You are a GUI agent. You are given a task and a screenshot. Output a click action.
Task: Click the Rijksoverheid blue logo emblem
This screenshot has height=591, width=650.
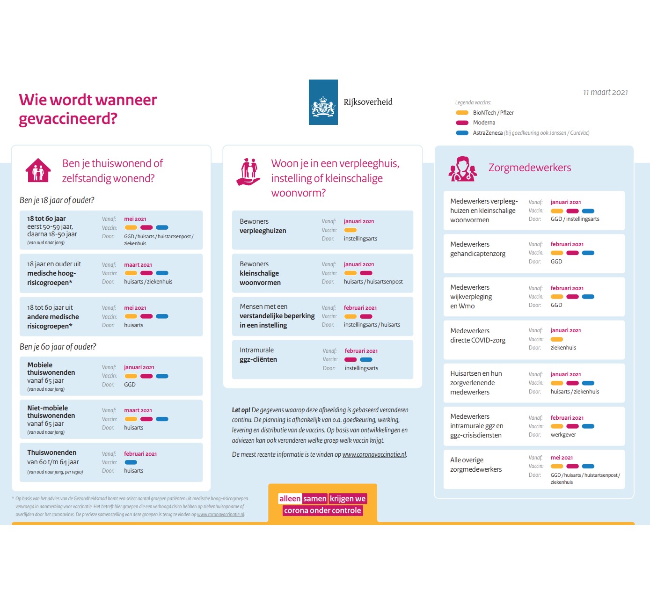click(323, 102)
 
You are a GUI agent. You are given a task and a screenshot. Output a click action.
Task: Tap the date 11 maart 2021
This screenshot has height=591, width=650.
click(605, 93)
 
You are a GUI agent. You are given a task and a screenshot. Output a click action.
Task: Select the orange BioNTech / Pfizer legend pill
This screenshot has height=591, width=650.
click(462, 113)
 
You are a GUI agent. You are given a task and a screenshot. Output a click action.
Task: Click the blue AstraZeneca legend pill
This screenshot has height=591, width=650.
click(462, 133)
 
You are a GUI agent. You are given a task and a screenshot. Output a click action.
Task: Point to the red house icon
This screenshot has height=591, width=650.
click(38, 170)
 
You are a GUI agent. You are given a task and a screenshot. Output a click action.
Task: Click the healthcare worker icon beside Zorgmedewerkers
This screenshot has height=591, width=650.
click(462, 169)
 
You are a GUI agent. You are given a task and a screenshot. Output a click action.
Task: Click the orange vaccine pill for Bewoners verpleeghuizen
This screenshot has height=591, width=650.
click(350, 230)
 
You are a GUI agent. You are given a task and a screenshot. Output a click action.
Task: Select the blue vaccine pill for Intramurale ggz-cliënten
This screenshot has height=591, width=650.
click(366, 360)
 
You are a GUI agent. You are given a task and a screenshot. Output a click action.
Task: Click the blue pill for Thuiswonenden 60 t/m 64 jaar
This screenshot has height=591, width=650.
click(131, 462)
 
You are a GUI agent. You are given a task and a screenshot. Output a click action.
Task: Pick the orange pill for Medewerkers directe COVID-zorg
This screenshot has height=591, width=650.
click(556, 339)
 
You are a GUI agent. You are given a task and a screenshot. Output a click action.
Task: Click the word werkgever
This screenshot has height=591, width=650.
click(563, 435)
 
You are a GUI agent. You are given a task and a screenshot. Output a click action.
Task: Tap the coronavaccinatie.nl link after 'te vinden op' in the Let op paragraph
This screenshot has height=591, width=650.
click(374, 454)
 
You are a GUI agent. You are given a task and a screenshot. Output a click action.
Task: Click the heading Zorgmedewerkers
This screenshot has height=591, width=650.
click(529, 168)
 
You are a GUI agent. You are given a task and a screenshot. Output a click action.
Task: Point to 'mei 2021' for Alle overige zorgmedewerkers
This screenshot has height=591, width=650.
click(562, 458)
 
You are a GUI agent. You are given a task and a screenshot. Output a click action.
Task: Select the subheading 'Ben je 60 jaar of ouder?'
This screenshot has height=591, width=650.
click(58, 347)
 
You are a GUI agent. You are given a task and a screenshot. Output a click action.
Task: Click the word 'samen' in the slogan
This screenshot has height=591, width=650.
click(314, 499)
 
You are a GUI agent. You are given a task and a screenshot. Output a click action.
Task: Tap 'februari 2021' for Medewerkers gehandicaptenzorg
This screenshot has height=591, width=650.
click(567, 244)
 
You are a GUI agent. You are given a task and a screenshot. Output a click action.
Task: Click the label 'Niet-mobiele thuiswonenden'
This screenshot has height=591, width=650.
click(51, 412)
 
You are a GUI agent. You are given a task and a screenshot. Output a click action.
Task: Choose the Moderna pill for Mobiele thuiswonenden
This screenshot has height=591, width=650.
click(146, 376)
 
